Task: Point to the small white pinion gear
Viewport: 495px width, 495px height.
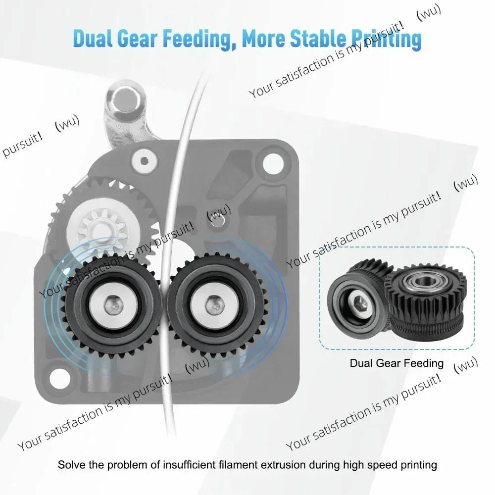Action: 102,228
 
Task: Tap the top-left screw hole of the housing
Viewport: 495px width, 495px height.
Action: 144,161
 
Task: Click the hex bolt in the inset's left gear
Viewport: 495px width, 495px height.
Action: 358,302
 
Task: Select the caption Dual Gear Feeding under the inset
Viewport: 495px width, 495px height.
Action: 396,363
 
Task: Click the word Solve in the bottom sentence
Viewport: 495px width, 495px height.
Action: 72,465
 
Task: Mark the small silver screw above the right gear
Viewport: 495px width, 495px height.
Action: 218,220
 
